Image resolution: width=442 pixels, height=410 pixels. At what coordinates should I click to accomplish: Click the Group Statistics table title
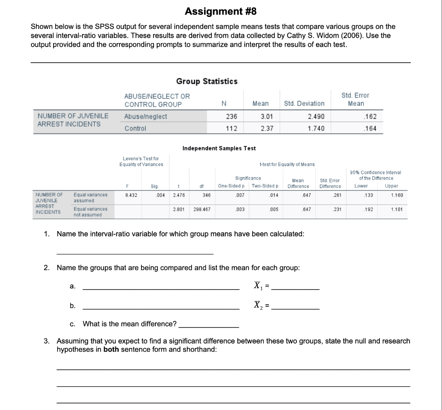pos(207,81)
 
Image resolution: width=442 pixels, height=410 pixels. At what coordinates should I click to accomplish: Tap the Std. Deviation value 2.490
pos(316,117)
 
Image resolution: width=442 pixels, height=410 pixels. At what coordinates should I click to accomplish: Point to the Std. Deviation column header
pos(304,104)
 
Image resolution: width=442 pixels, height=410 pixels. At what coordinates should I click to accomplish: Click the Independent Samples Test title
pos(219,148)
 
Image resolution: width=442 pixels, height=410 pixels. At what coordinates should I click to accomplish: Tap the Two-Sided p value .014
pos(273,195)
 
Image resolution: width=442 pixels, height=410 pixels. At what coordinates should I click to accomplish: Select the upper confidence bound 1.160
pos(397,195)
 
